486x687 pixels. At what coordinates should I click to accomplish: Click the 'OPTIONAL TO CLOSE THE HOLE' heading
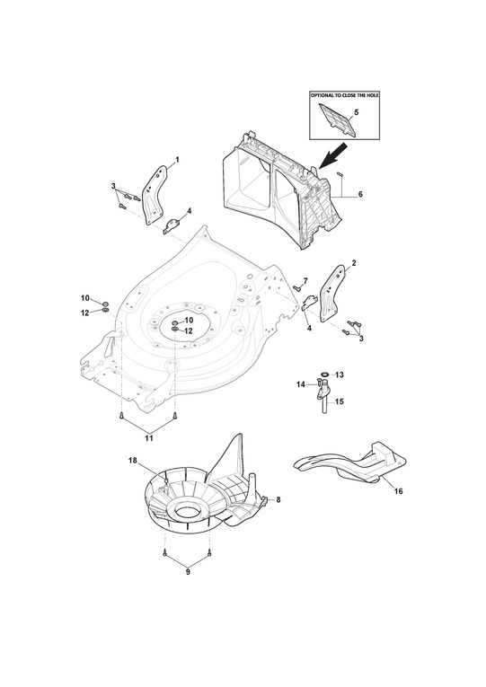(x=344, y=95)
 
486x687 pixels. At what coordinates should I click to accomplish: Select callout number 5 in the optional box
(x=357, y=112)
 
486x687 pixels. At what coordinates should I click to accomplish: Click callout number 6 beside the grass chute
(x=360, y=194)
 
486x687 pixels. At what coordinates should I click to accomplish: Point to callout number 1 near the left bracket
(x=178, y=160)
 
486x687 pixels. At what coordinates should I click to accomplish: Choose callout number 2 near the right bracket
(x=354, y=263)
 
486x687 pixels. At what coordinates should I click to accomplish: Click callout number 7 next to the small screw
(x=305, y=280)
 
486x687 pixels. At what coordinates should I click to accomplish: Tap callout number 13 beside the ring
(x=340, y=374)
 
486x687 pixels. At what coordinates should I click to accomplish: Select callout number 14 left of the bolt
(x=301, y=384)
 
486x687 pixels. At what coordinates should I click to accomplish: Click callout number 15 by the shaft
(x=340, y=401)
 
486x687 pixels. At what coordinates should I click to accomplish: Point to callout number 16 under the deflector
(x=398, y=491)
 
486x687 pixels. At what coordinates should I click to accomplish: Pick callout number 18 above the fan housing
(x=132, y=460)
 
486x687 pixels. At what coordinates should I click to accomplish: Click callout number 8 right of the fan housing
(x=278, y=499)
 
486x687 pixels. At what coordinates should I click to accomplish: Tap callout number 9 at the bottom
(x=188, y=572)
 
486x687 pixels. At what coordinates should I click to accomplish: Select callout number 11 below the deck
(x=149, y=437)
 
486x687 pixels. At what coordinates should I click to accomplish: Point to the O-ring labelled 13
(x=324, y=374)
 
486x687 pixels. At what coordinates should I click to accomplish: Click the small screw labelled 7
(x=296, y=287)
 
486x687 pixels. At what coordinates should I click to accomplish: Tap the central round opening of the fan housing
(x=188, y=510)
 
